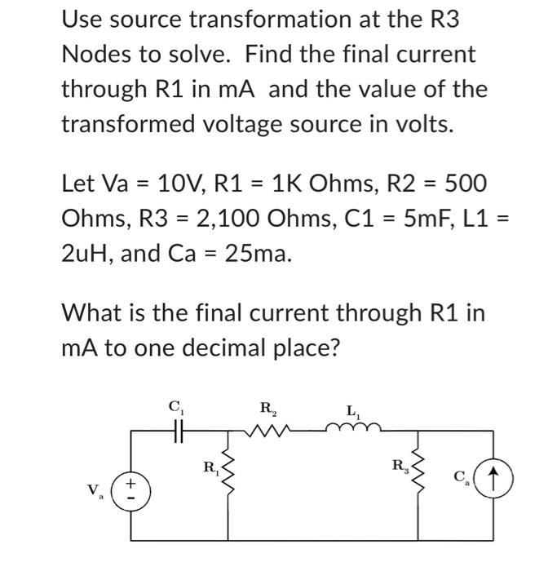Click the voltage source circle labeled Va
point(133,493)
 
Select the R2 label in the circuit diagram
point(267,407)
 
